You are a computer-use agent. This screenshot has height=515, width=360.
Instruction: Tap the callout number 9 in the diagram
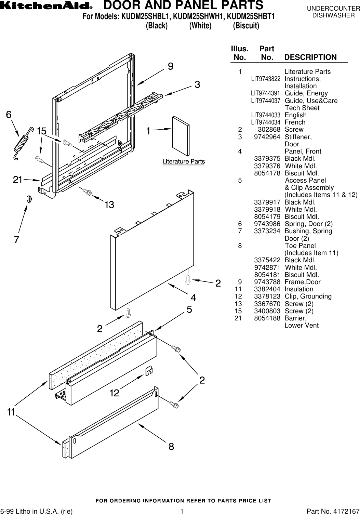(x=170, y=66)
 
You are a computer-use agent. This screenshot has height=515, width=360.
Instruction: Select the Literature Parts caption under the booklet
(x=183, y=161)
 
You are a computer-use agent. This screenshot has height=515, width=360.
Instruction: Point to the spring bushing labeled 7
(x=29, y=199)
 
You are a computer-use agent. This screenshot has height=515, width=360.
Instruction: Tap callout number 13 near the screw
(x=109, y=205)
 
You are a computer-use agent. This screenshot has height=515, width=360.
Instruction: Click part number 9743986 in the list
(x=267, y=224)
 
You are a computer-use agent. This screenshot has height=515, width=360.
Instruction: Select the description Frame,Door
(x=303, y=282)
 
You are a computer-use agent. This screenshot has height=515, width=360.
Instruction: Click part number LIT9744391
(x=265, y=93)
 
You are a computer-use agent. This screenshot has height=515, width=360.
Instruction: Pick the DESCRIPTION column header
(x=310, y=57)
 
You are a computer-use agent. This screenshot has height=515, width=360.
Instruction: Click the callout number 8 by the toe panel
(x=171, y=447)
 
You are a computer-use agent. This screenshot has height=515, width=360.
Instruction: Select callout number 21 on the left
(x=18, y=179)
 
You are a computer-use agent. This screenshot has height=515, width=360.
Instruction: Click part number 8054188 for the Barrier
(x=267, y=318)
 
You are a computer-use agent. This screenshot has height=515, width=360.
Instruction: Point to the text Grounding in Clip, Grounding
(x=317, y=296)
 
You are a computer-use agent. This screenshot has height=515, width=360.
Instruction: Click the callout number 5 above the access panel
(x=189, y=309)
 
